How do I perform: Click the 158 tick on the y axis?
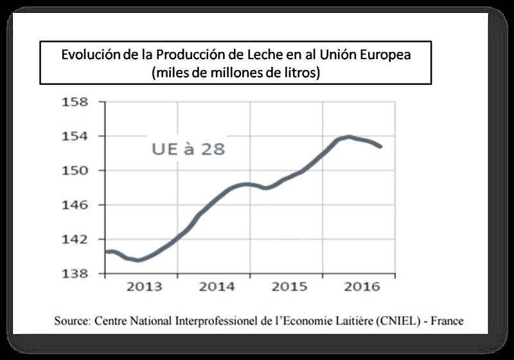(75, 102)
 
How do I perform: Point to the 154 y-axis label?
(75, 136)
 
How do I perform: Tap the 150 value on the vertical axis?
(75, 170)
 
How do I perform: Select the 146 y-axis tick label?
(75, 205)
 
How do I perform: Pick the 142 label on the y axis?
(75, 239)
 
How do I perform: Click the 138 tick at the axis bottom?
(75, 273)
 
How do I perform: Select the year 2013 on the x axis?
(144, 287)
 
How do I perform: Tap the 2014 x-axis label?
(217, 287)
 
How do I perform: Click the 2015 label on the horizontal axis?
(290, 287)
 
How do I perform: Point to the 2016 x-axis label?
(362, 287)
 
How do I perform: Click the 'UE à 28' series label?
(188, 148)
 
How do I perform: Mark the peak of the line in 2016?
(348, 136)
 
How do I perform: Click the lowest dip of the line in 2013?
(137, 260)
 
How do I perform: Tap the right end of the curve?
(382, 147)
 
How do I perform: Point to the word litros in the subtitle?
(302, 73)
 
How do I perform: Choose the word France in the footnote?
(446, 320)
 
